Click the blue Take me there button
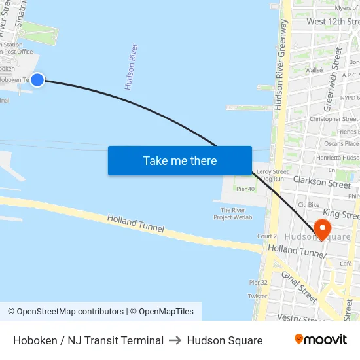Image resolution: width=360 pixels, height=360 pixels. (180, 160)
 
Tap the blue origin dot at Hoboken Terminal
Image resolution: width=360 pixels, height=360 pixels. (37, 79)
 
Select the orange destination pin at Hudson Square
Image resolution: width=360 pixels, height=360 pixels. (322, 229)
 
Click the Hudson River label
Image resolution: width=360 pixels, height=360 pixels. (132, 67)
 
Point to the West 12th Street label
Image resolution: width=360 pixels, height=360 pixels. (333, 22)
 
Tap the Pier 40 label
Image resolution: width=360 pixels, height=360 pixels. (245, 189)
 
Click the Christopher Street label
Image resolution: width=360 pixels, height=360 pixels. (334, 119)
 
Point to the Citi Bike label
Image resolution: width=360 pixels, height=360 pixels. (308, 205)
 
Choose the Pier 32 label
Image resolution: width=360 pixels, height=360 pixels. (258, 282)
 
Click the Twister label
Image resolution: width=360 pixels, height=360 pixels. (258, 297)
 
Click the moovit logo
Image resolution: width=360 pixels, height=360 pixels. (320, 339)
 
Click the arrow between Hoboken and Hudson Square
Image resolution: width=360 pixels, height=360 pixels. (175, 340)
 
